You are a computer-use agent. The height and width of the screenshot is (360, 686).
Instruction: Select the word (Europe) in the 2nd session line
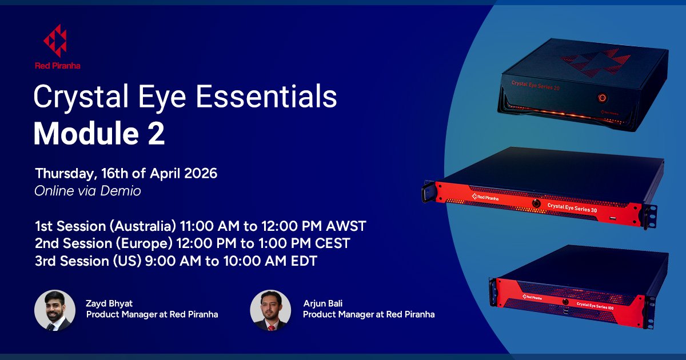144,244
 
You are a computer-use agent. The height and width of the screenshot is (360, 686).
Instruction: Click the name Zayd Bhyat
108,303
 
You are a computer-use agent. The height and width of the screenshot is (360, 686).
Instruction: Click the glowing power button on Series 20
603,97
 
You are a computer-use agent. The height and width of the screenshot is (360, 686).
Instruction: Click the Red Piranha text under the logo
57,66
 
